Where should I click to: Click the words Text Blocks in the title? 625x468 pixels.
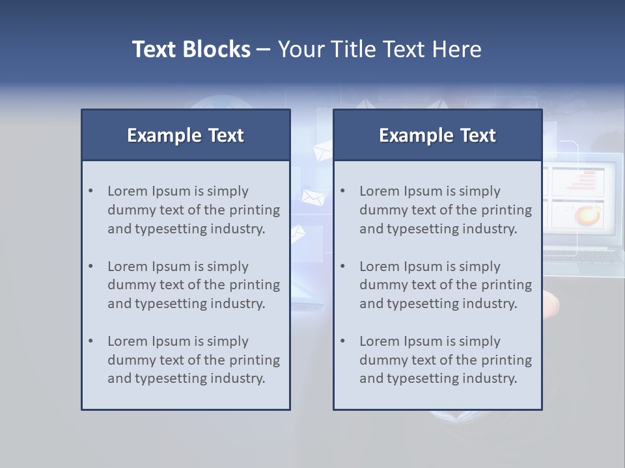[191, 49]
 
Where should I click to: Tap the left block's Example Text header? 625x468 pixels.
[186, 135]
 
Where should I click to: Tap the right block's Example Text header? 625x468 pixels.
[437, 135]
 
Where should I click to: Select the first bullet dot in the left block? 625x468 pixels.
[90, 191]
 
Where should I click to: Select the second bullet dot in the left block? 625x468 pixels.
[90, 266]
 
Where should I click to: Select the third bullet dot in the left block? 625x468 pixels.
[90, 341]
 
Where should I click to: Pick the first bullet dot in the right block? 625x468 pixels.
[342, 191]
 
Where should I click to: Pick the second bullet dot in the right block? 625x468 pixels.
[342, 266]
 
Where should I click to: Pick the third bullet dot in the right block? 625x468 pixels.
[342, 341]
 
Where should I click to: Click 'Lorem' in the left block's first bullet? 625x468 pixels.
[128, 191]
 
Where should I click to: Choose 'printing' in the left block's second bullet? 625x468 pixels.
[255, 285]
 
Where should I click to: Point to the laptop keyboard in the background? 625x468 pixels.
[583, 256]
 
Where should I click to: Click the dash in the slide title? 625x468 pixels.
[264, 49]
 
